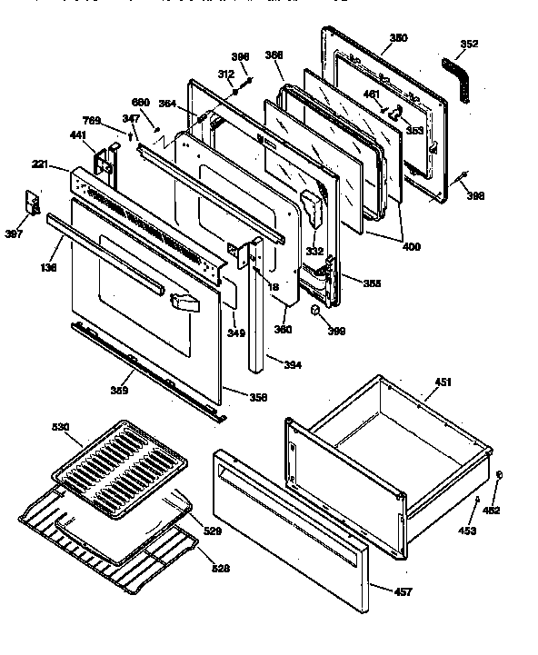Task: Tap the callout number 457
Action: (x=403, y=592)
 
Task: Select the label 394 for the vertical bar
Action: (x=293, y=365)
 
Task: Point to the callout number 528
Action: (x=220, y=569)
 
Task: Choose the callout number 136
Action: (x=48, y=267)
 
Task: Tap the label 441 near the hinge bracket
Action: (x=78, y=135)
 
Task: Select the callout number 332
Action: (x=314, y=251)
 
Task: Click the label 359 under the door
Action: (x=118, y=391)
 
